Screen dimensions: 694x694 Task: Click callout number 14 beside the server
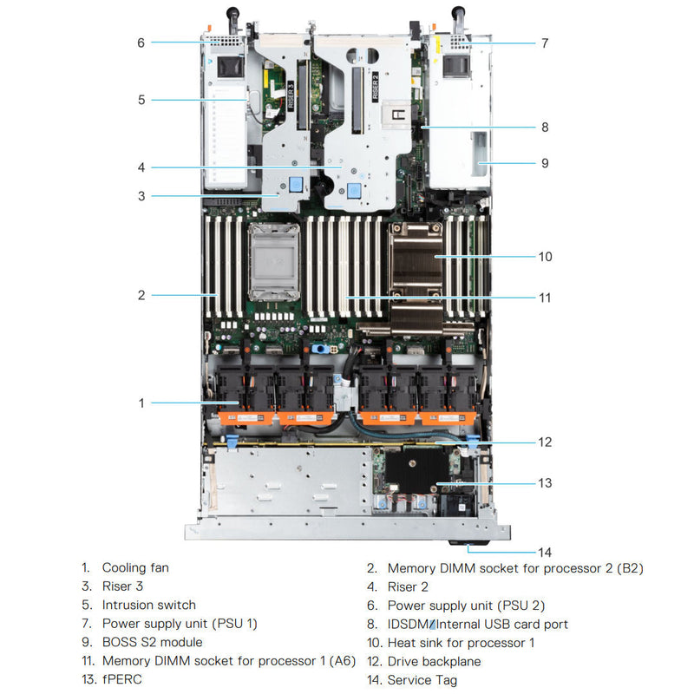tap(545, 552)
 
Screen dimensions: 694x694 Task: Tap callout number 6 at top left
tap(141, 42)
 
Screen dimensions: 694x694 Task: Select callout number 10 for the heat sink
tap(545, 257)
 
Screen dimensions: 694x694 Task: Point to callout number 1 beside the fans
tap(141, 403)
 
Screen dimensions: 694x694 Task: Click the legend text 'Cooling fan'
tap(135, 567)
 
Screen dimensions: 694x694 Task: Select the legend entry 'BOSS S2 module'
tap(152, 642)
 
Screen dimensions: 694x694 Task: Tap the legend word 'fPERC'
tap(121, 680)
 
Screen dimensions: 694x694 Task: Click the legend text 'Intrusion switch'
tap(148, 605)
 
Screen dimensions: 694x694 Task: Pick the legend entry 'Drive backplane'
tap(433, 661)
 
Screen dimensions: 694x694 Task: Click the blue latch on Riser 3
tap(297, 184)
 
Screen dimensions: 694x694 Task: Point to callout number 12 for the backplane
tap(545, 442)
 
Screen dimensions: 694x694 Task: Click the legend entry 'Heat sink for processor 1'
tap(461, 642)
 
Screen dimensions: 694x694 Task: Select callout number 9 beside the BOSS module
tap(545, 163)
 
